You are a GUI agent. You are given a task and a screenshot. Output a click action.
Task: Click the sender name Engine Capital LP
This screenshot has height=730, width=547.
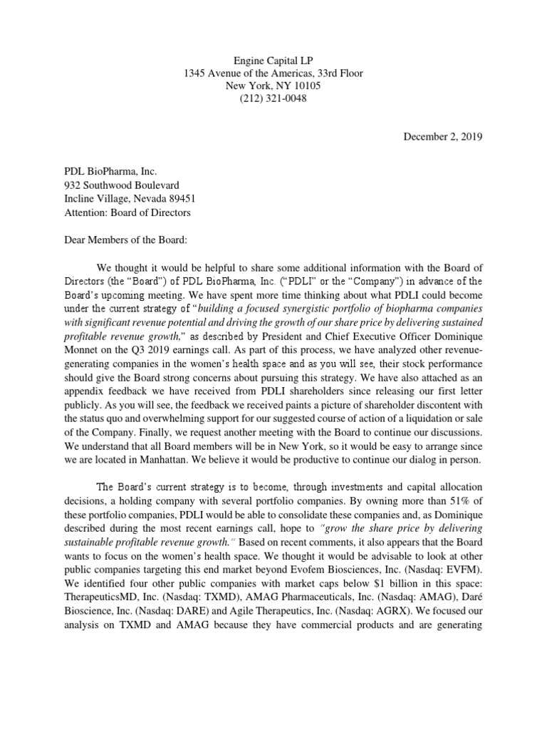(x=273, y=58)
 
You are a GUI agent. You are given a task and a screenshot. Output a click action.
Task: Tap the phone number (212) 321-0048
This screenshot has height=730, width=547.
(x=273, y=99)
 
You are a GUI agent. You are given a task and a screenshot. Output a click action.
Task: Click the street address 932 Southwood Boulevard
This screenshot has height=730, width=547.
(x=122, y=185)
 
